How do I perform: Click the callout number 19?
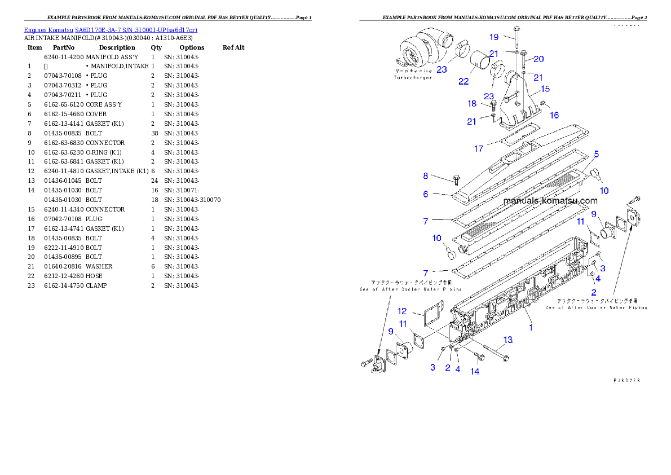(x=494, y=37)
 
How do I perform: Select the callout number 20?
(x=538, y=59)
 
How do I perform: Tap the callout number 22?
(x=463, y=81)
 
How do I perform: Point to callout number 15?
(x=545, y=89)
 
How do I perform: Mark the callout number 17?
(x=479, y=149)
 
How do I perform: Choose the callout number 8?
(x=426, y=176)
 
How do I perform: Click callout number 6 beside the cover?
(x=426, y=194)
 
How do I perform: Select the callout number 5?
(x=596, y=153)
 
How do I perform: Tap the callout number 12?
(x=402, y=311)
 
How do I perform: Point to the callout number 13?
(x=508, y=340)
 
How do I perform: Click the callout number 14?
(x=475, y=371)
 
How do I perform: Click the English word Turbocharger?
(x=413, y=77)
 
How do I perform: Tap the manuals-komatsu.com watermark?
(x=550, y=201)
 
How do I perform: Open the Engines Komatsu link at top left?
(x=111, y=30)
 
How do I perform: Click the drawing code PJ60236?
(x=626, y=380)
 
